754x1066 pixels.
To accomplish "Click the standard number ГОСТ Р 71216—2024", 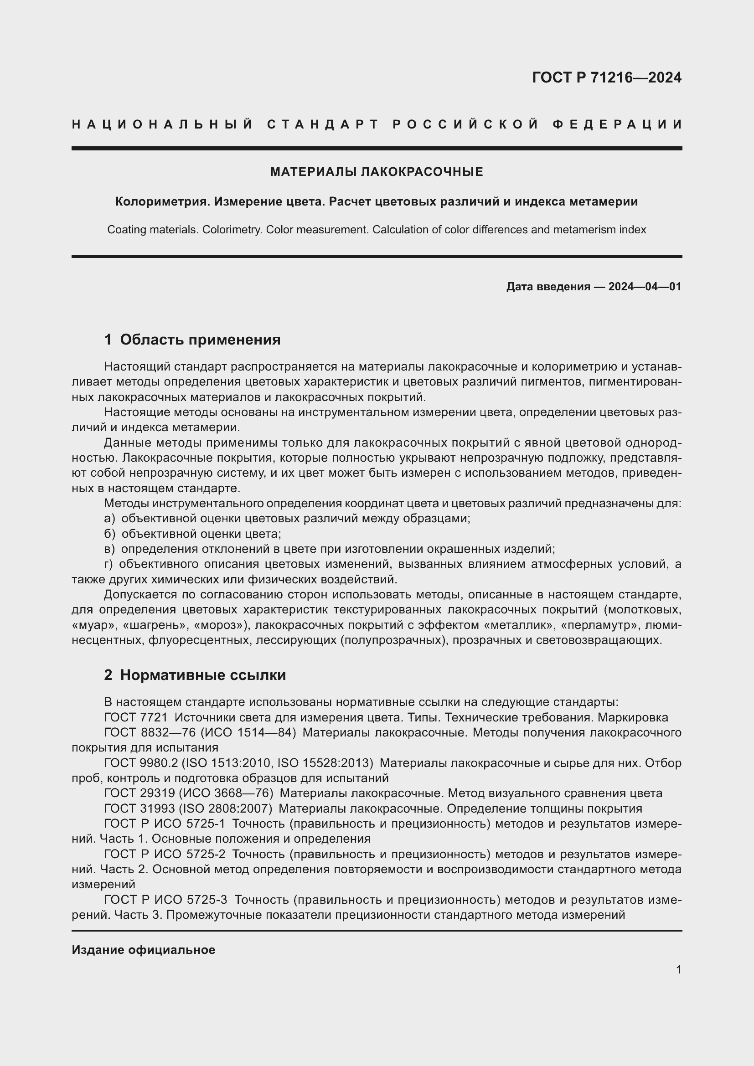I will click(606, 77).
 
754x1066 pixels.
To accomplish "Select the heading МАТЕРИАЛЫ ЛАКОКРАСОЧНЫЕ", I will click(377, 172).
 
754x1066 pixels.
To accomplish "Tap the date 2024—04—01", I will click(645, 287).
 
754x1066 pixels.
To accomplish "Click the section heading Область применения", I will click(200, 340).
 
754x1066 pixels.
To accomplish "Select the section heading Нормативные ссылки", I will click(203, 675).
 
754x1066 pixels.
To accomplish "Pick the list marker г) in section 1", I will click(108, 565).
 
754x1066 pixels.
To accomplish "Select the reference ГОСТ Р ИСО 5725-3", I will click(166, 900).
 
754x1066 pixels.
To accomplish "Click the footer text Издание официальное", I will click(144, 950).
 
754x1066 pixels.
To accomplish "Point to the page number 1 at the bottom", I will click(678, 970).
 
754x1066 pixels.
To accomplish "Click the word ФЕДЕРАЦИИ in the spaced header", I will click(617, 124).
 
